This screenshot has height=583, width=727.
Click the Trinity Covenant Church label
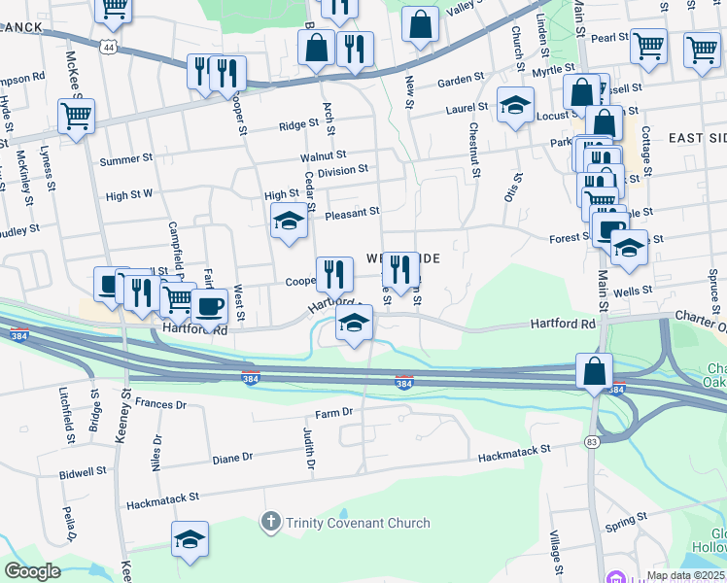(358, 524)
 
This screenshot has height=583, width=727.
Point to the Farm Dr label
(332, 413)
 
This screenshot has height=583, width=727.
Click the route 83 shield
(592, 443)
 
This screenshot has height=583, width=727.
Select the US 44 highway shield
(106, 47)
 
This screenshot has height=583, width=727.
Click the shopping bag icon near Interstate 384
(593, 370)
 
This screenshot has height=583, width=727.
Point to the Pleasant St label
(352, 212)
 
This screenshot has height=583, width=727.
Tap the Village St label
(555, 553)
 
